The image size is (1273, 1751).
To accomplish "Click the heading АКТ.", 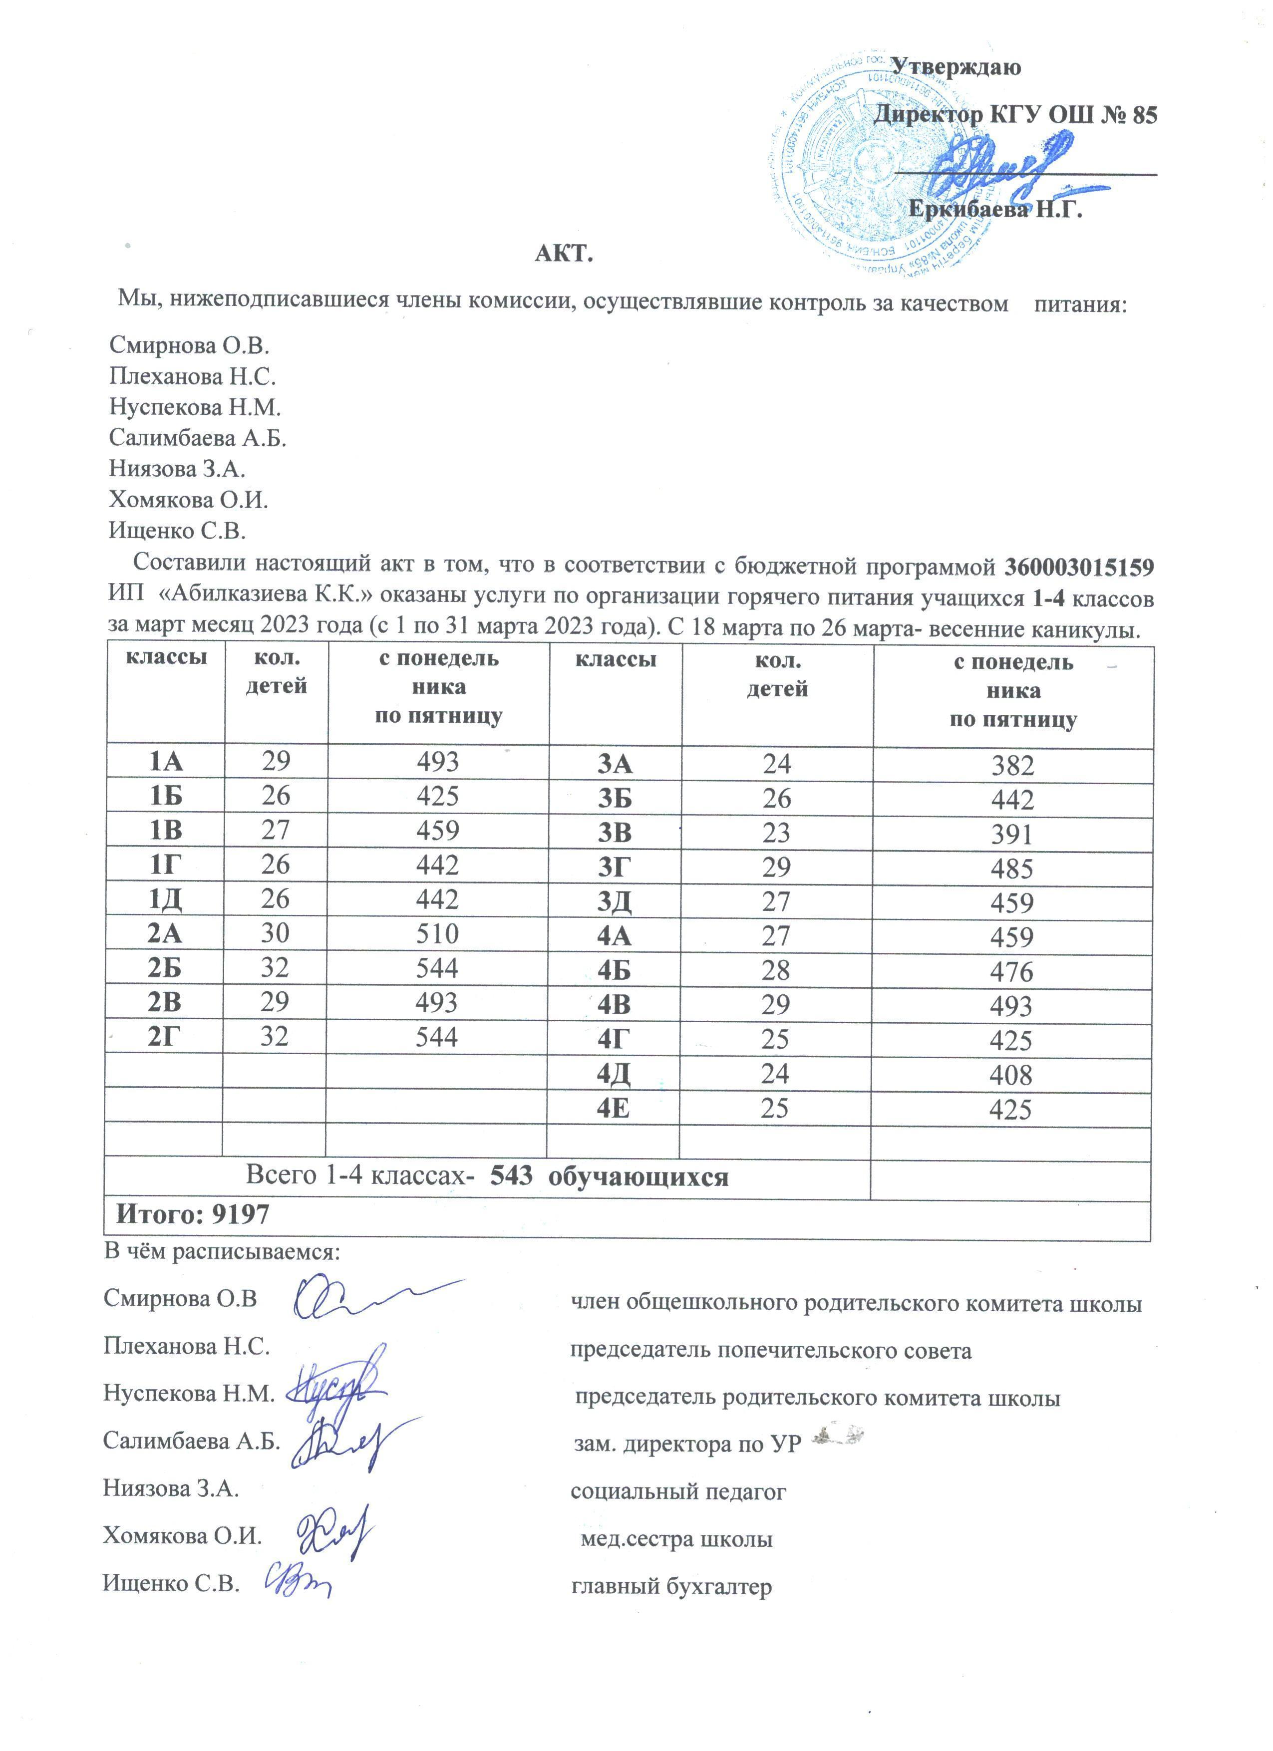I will pos(564,253).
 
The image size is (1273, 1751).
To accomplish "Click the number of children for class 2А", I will pos(276,933).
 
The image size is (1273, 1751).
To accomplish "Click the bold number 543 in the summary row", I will pos(511,1175).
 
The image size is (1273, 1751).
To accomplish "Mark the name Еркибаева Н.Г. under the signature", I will pos(995,209).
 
